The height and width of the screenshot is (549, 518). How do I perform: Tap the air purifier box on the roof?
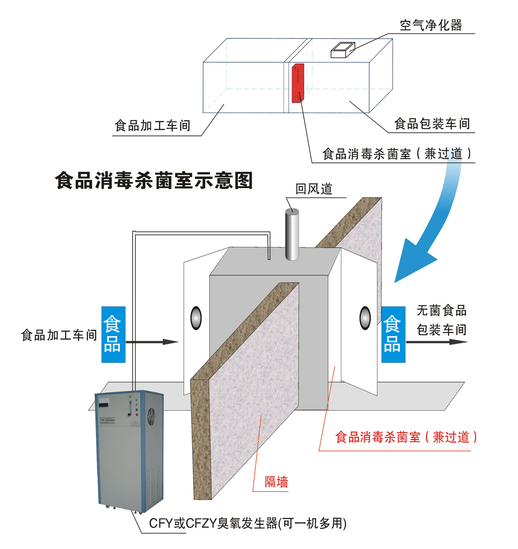tap(342, 50)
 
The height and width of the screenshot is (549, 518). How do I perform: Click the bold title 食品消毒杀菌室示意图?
tap(154, 181)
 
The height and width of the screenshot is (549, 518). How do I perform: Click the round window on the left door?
tap(196, 318)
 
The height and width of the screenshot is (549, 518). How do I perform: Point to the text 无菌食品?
tap(441, 311)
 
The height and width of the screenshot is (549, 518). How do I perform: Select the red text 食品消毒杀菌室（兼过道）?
tap(406, 437)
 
